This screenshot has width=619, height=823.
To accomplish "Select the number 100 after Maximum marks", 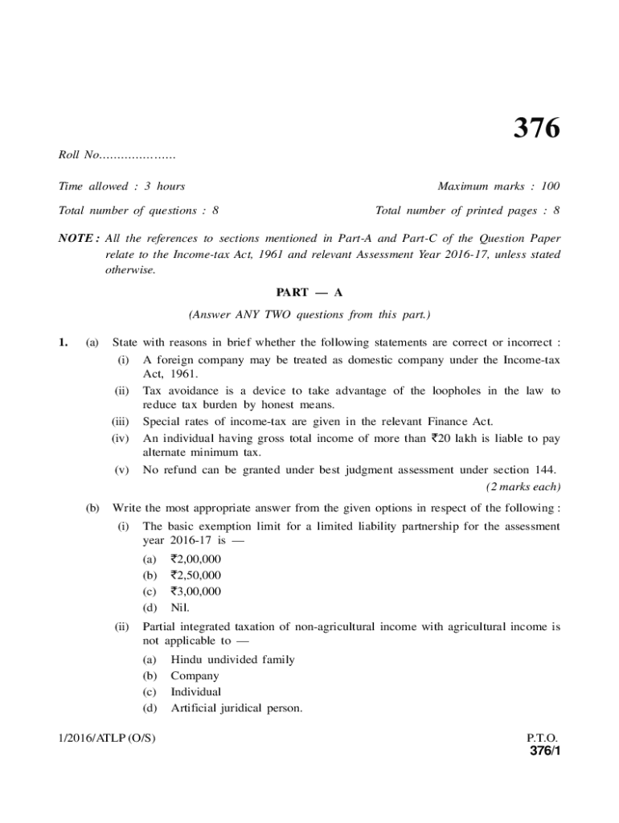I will (550, 186).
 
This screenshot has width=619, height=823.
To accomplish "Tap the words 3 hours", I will (165, 186).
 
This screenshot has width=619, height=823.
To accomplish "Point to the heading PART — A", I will (309, 292).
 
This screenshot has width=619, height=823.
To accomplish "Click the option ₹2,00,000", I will (196, 559).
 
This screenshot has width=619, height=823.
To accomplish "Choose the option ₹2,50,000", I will (196, 575).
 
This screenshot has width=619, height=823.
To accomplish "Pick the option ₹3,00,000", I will (196, 592).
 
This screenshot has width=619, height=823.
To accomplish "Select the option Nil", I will (181, 608).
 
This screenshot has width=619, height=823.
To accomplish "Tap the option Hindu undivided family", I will (232, 659).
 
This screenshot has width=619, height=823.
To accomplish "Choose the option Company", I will (195, 676).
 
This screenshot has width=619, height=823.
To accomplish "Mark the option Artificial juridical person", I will (236, 708).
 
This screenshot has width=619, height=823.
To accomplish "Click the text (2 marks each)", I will (523, 487).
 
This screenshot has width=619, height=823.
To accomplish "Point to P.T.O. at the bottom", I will (542, 738).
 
